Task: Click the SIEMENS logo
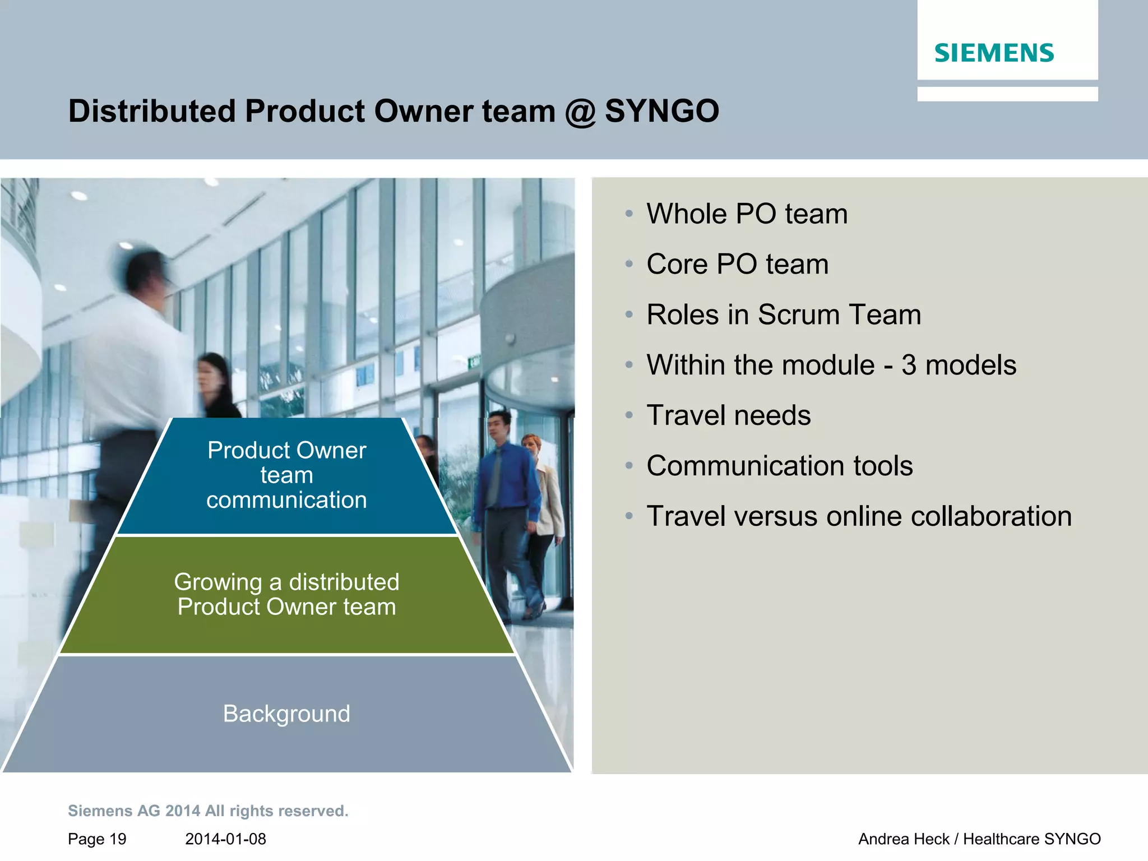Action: [x=994, y=53]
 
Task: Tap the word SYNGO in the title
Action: [x=661, y=111]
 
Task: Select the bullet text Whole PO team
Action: [x=747, y=214]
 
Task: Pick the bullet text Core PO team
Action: [x=737, y=264]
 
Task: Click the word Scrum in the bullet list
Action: [x=804, y=314]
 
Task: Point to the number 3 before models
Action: [x=909, y=365]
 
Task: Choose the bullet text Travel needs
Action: [x=728, y=415]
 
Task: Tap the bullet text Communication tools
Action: [x=779, y=466]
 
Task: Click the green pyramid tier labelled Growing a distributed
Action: [x=286, y=595]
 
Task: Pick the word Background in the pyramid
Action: [x=286, y=714]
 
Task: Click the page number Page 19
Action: [x=97, y=839]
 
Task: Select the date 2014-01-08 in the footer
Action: [x=225, y=839]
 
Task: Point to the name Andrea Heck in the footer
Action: [x=903, y=839]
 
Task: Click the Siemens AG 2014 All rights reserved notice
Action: [x=208, y=811]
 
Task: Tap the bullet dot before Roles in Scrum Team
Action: [x=629, y=315]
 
